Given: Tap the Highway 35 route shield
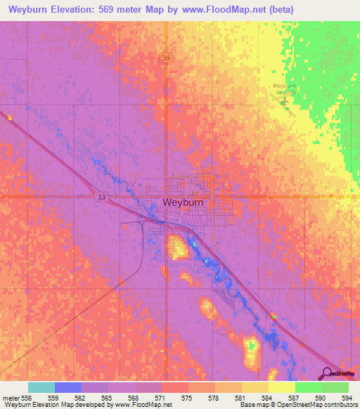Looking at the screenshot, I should point(166,58).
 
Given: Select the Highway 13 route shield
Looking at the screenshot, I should point(102,197).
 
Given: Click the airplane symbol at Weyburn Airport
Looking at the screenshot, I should point(285,100).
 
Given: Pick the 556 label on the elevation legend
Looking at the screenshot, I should point(25,398).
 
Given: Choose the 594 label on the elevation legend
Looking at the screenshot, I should point(344,398).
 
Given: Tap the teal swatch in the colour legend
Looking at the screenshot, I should point(41,387).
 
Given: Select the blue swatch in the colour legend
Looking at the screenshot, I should point(68,387).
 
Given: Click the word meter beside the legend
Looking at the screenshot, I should point(10,398).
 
